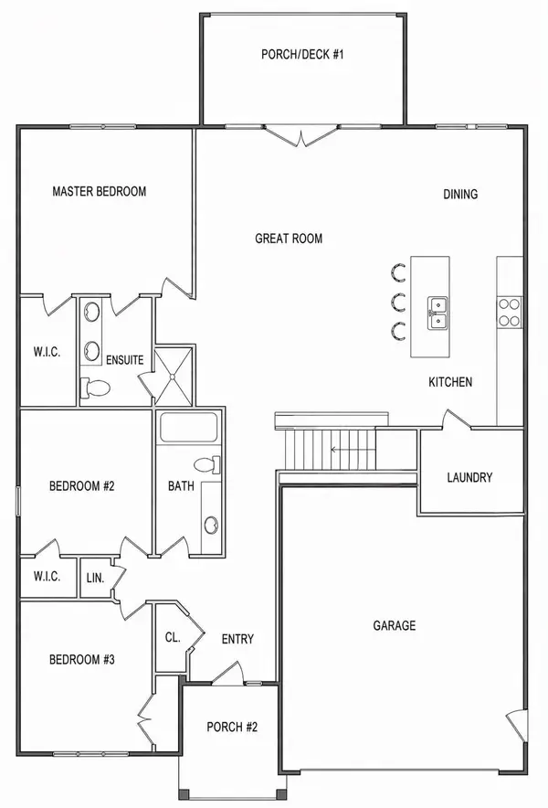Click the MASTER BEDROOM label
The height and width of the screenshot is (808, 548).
100,191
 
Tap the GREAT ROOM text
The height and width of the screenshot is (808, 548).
289,239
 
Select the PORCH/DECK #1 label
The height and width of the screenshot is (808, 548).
301,54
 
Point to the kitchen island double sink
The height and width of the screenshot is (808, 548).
437,312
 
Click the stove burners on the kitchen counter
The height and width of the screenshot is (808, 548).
509,313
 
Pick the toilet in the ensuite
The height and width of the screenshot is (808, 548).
95,388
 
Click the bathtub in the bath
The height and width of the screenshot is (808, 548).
188,428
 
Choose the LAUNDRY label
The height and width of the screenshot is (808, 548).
469,477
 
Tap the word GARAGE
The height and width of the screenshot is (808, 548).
395,625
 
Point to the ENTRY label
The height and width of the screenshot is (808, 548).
237,639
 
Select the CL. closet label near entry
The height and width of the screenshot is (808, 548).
171,638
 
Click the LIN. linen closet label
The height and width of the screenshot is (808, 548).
95,579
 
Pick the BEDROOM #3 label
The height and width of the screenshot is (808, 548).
81,659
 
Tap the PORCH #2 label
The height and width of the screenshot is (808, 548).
232,728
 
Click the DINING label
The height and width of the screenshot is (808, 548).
460,194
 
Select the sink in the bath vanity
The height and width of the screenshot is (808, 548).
211,525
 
